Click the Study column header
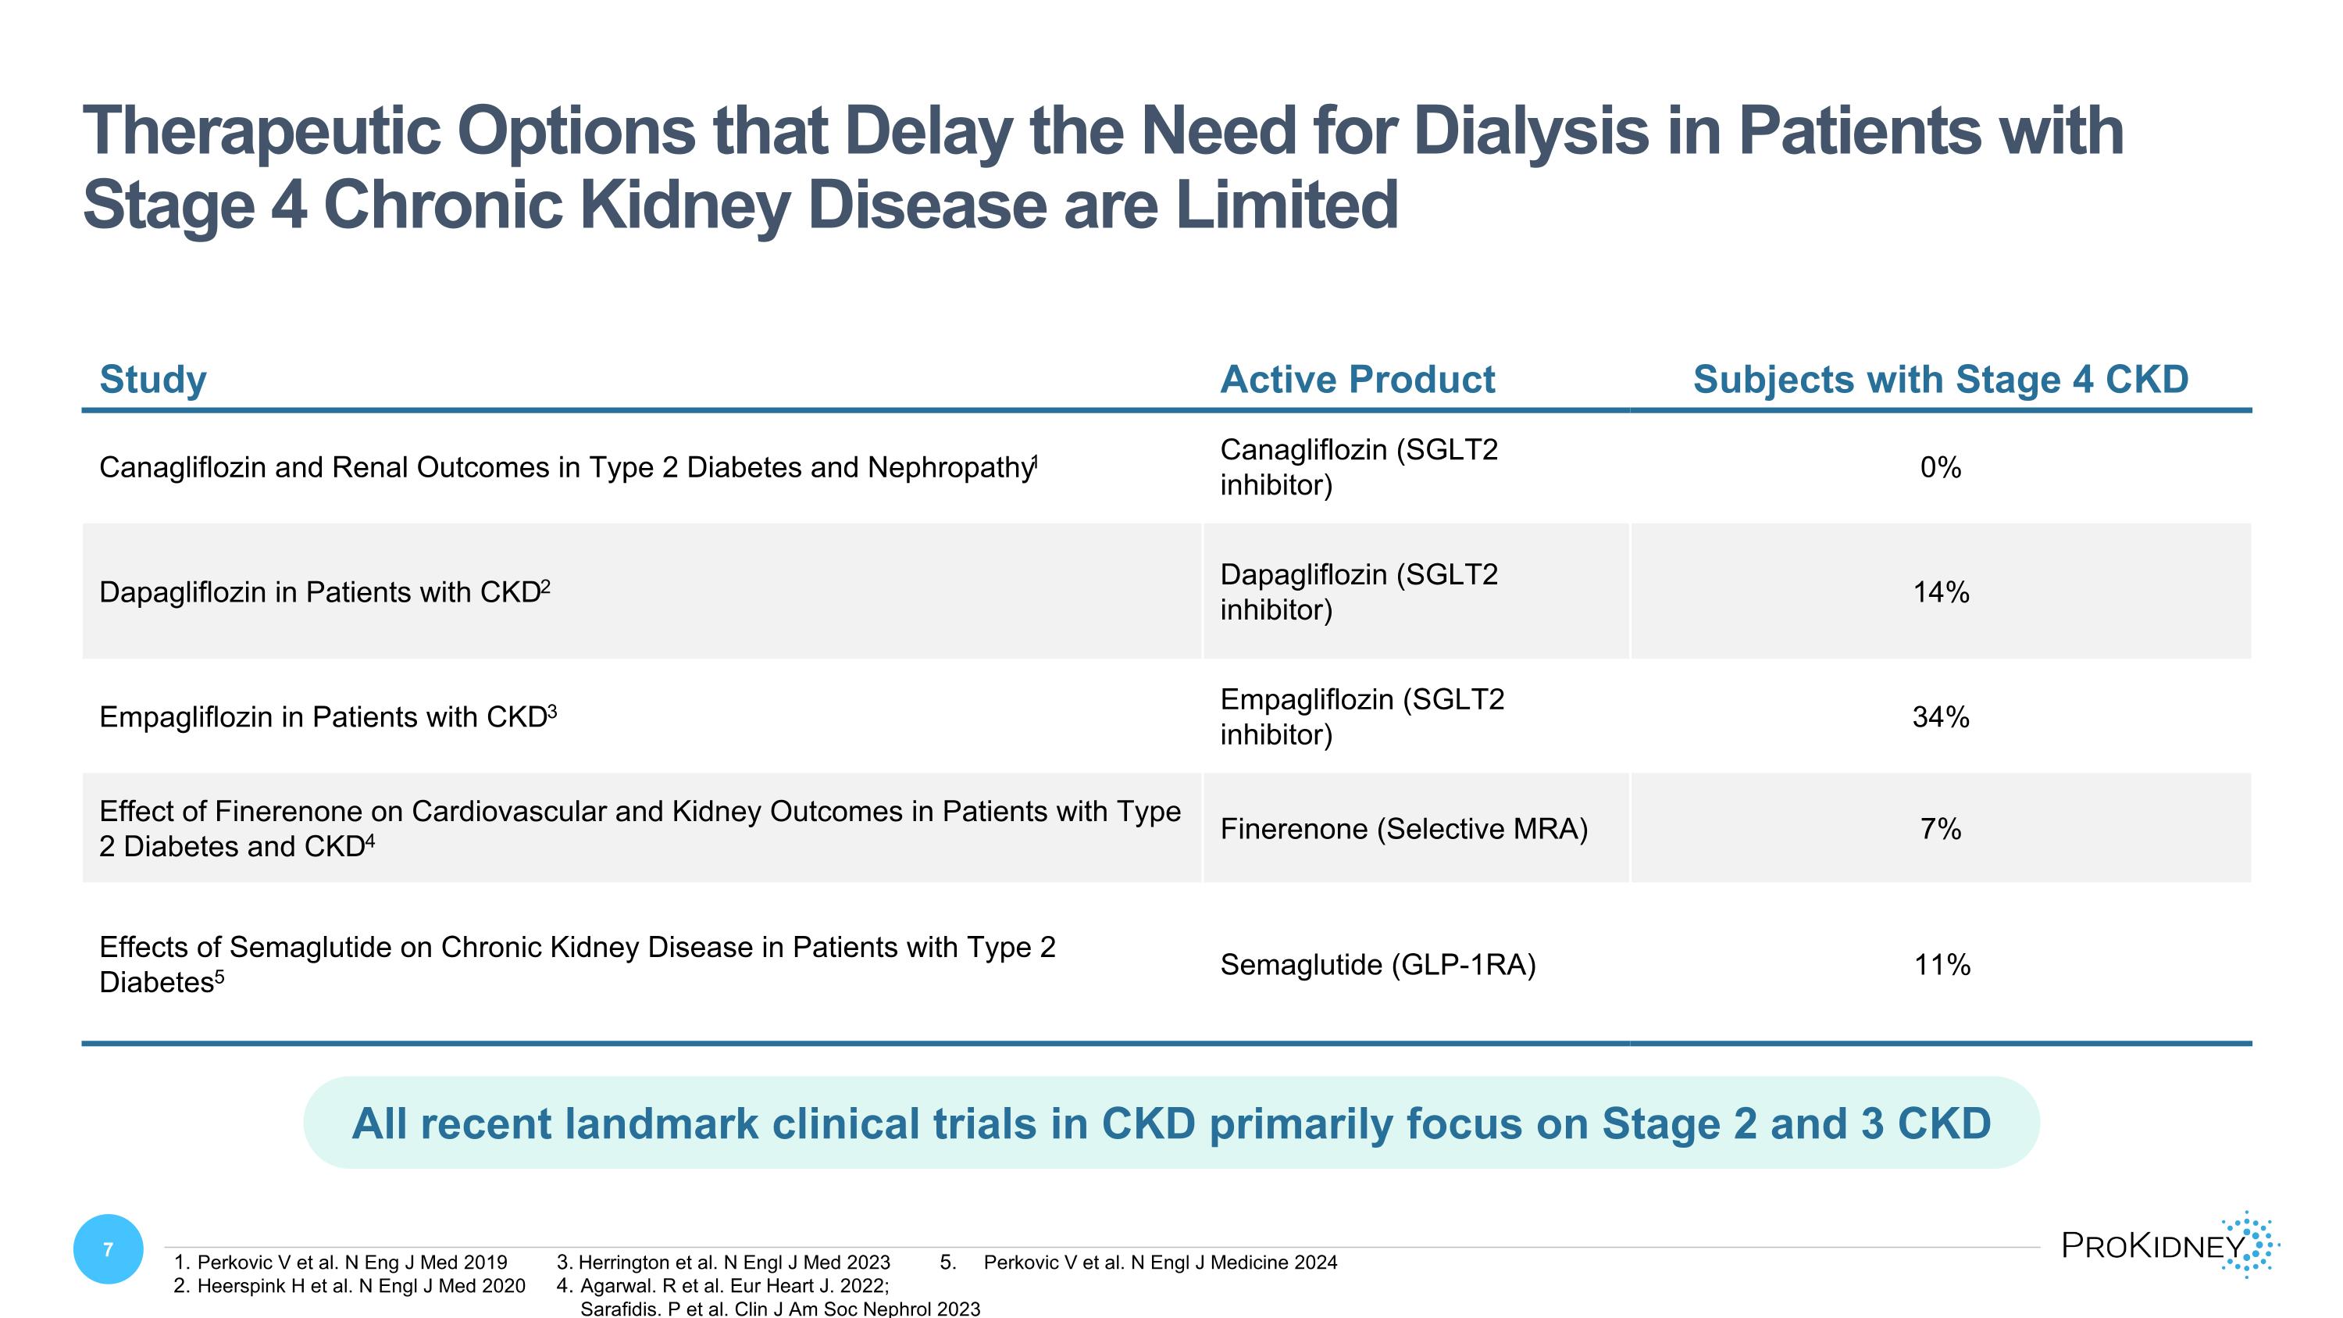pos(153,379)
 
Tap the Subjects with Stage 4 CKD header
pos(1940,379)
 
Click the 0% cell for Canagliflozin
pos(1940,467)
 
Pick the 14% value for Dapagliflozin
pos(1940,592)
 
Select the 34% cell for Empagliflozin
pos(1940,716)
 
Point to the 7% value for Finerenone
pos(1940,829)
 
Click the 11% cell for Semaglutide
pos(1941,964)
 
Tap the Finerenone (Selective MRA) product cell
pos(1403,829)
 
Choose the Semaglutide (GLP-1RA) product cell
pos(1377,964)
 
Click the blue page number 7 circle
pos(109,1249)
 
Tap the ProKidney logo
pos(2170,1245)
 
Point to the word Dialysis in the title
pos(1531,130)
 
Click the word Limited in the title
pos(1286,205)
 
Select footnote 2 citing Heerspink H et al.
pos(349,1285)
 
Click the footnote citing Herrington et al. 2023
pos(724,1262)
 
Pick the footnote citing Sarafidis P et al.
pos(779,1308)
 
